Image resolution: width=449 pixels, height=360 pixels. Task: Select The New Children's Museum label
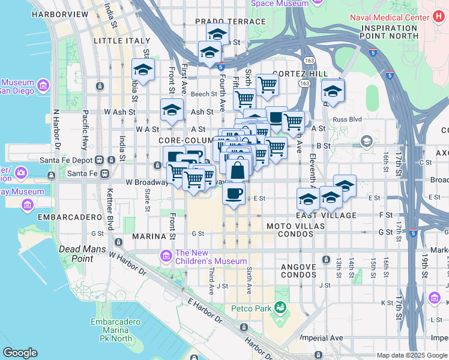(211, 257)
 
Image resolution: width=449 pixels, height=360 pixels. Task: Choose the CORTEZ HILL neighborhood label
(300, 73)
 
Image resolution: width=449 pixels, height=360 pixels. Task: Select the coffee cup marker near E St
(234, 193)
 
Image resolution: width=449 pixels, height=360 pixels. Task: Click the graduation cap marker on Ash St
(171, 110)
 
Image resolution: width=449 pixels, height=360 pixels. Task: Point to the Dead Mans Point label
(83, 254)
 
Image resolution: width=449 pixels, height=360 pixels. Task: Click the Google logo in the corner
(20, 353)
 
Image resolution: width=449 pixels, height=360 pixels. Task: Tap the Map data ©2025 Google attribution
(412, 355)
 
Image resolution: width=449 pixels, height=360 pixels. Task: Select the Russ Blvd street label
(348, 119)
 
